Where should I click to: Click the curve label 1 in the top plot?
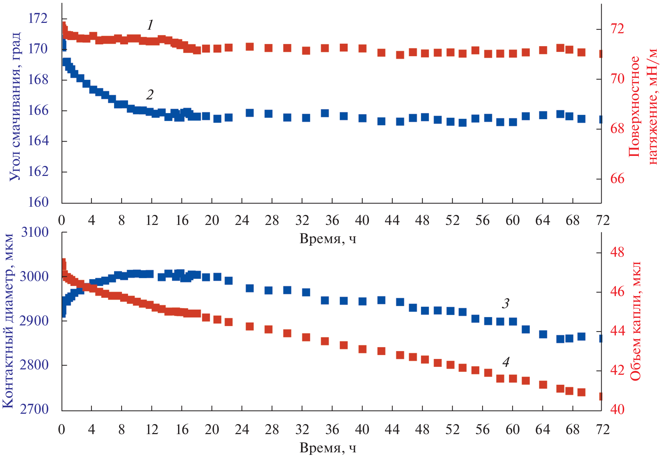[150, 25]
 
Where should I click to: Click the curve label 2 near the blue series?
[150, 95]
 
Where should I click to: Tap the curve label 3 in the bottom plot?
[505, 304]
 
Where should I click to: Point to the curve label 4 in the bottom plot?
[505, 362]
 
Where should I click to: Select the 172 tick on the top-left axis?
[38, 18]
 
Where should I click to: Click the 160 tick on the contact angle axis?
[38, 202]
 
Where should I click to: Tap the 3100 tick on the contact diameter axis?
[35, 232]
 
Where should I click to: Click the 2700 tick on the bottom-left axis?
[35, 409]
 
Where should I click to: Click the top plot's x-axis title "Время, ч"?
[328, 239]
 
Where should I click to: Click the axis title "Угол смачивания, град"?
[15, 106]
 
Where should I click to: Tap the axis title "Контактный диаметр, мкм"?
[9, 321]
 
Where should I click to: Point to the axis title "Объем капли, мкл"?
[635, 321]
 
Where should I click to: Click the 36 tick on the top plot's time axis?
[332, 220]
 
